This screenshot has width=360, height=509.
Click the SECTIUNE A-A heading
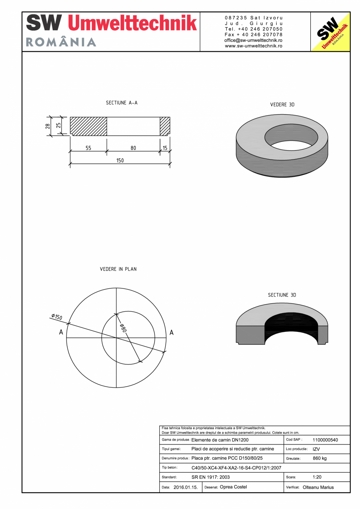(x=122, y=103)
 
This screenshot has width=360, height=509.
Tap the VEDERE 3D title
(x=282, y=105)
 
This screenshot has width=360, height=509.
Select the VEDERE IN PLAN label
(x=118, y=269)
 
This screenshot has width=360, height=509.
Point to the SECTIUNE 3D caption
(x=282, y=295)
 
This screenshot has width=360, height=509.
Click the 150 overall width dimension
(x=120, y=160)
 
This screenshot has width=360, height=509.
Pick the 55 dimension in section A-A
(x=88, y=148)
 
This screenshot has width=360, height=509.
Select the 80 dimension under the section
(x=133, y=148)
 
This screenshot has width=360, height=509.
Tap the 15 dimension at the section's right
(x=165, y=148)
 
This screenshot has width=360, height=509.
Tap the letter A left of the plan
(x=61, y=332)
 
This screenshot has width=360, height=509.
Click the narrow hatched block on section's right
(x=165, y=126)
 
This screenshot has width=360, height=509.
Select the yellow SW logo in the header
(x=330, y=32)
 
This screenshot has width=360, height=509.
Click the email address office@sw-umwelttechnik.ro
(x=254, y=40)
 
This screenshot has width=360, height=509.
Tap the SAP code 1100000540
(x=325, y=440)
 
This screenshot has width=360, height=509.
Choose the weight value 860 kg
(x=320, y=458)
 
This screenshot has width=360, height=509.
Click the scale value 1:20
(x=317, y=477)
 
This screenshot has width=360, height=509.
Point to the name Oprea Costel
(x=233, y=487)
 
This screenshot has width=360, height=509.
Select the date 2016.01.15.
(x=185, y=487)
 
